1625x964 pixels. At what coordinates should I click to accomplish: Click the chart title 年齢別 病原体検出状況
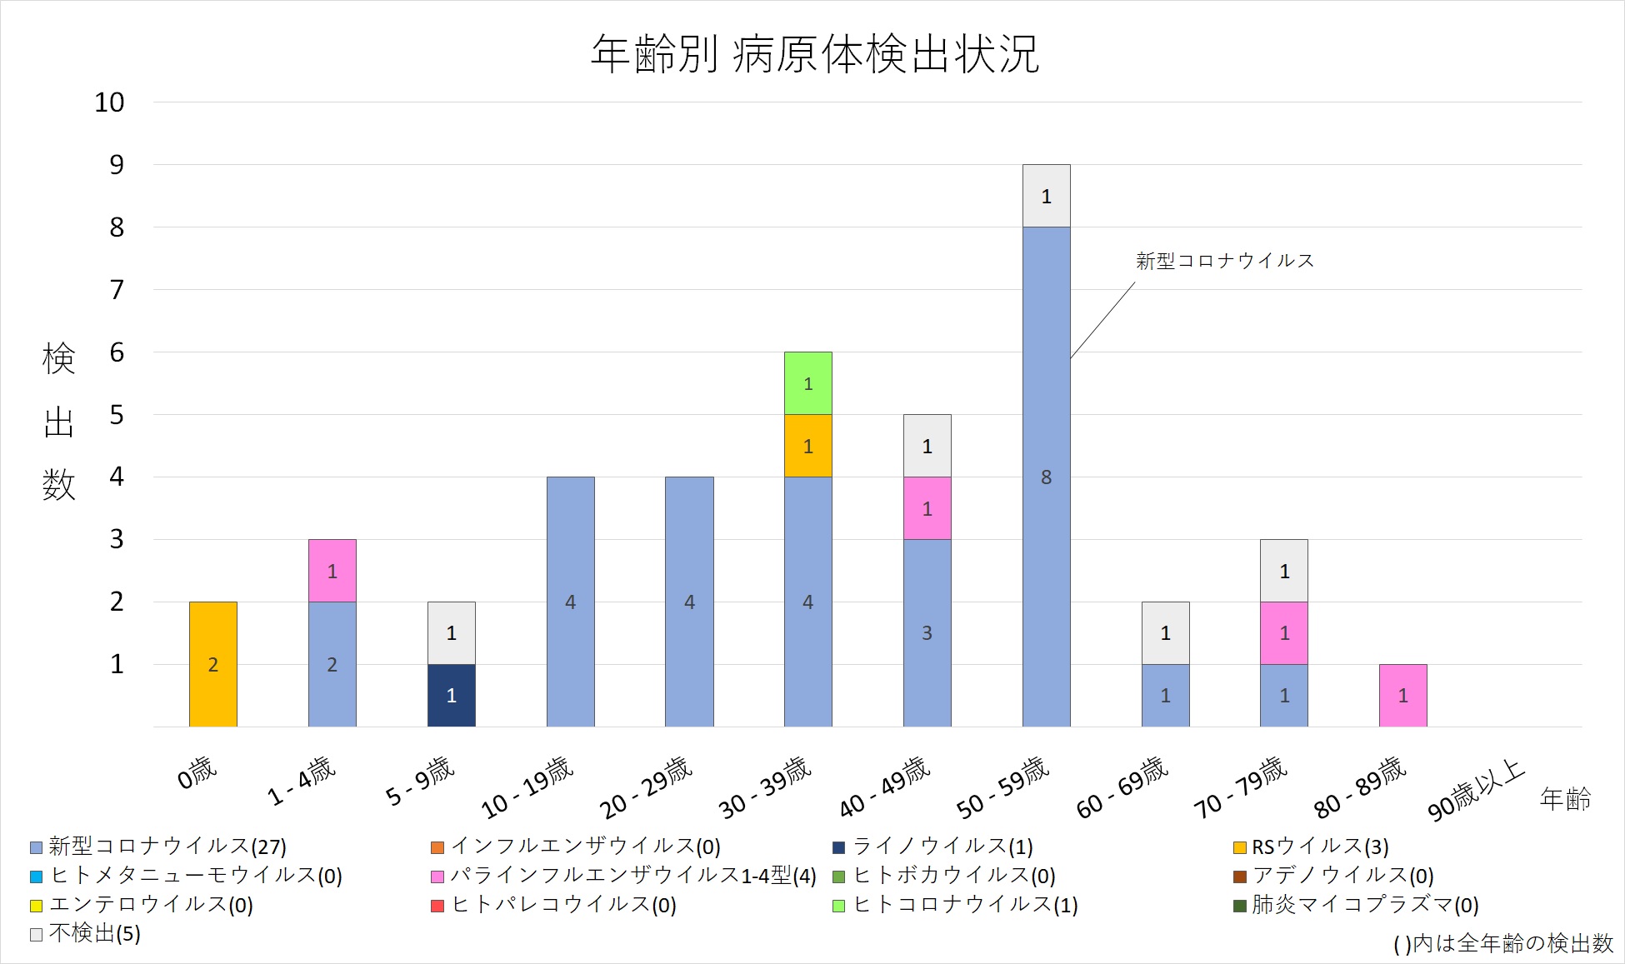coord(814,54)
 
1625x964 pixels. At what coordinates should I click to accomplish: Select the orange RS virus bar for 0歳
coord(213,664)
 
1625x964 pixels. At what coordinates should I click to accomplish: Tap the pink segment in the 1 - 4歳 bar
coord(332,571)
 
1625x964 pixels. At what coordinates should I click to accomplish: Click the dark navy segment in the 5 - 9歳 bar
coord(451,696)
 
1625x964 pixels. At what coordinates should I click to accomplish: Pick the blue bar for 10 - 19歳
coord(570,602)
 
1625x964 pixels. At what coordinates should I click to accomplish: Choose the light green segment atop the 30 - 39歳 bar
coord(807,383)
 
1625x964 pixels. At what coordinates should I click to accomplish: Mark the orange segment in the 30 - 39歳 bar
coord(807,446)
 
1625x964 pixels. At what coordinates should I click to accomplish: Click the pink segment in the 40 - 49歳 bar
coord(927,508)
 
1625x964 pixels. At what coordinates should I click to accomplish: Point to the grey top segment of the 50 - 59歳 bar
coord(1046,196)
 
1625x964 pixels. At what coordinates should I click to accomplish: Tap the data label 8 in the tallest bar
coord(1046,477)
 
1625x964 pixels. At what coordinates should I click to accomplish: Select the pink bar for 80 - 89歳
coord(1402,696)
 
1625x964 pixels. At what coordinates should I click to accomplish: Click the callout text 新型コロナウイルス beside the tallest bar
coord(1224,261)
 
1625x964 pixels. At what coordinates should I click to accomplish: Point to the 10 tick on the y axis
coord(109,102)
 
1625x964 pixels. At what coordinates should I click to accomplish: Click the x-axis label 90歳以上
coord(1475,791)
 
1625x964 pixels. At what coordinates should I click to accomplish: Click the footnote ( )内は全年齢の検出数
coord(1502,943)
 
